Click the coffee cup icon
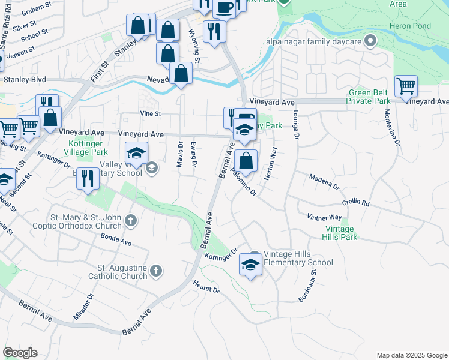click(224, 8)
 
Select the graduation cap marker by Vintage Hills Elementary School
click(250, 264)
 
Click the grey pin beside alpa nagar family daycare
click(371, 41)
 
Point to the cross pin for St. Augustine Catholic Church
click(156, 271)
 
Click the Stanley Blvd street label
click(25, 79)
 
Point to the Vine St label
click(151, 113)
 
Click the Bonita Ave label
click(116, 241)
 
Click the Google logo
click(20, 353)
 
